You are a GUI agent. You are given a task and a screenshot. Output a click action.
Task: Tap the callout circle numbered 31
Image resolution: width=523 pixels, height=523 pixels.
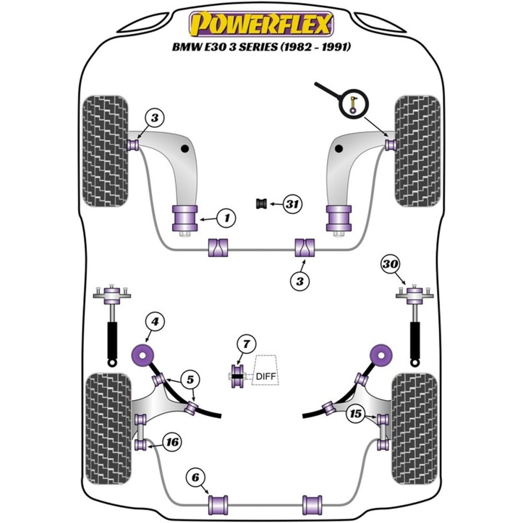(x=292, y=204)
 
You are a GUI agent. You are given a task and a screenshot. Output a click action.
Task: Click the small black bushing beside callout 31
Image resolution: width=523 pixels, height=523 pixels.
(x=261, y=203)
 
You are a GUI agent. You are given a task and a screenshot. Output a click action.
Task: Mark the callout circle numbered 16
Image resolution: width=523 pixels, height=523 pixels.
(x=172, y=442)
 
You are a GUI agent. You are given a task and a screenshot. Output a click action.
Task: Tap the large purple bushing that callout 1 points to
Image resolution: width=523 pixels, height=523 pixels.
(x=184, y=218)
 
